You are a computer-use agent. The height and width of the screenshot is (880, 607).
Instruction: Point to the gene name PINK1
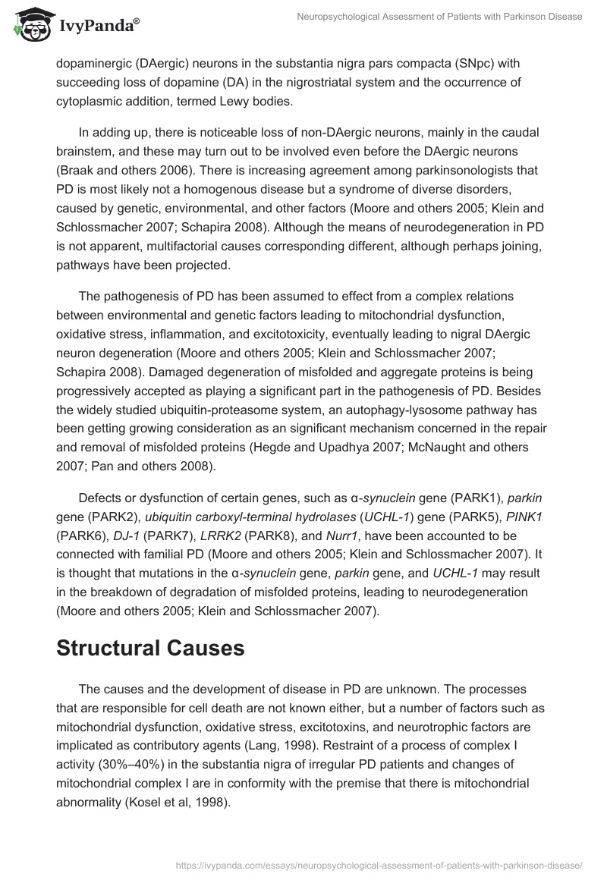click(x=528, y=517)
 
